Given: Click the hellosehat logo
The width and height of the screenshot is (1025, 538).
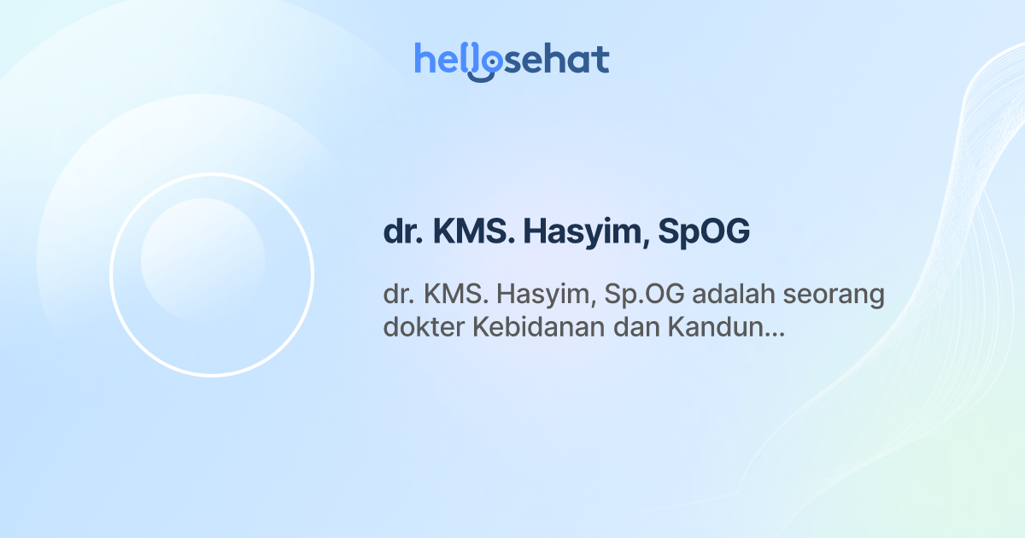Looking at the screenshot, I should (512, 60).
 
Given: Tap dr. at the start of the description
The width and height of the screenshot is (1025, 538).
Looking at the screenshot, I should (399, 295).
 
